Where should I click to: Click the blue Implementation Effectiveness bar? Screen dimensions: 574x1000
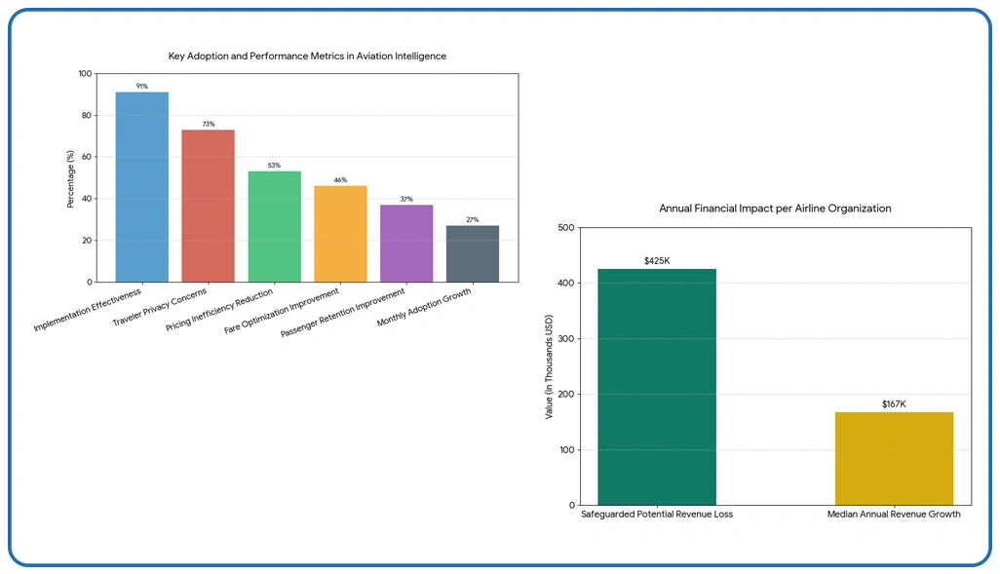pyautogui.click(x=141, y=187)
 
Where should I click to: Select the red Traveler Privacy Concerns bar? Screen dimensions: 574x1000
pyautogui.click(x=208, y=206)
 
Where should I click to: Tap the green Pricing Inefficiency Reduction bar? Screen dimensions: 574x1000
pyautogui.click(x=274, y=226)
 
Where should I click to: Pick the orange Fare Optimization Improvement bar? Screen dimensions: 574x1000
pyautogui.click(x=340, y=234)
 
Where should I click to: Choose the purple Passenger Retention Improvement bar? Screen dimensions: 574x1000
pyautogui.click(x=406, y=244)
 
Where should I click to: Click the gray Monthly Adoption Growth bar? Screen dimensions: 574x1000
pyautogui.click(x=473, y=253)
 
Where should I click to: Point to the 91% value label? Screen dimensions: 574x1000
pyautogui.click(x=142, y=86)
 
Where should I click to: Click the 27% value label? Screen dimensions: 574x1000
pyautogui.click(x=473, y=220)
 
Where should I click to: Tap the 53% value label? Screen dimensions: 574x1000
pyautogui.click(x=275, y=166)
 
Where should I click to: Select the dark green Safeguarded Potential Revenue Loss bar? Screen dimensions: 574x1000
pyautogui.click(x=657, y=387)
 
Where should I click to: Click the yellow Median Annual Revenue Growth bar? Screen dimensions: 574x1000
pyautogui.click(x=894, y=458)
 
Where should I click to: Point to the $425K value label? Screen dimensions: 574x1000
pyautogui.click(x=657, y=261)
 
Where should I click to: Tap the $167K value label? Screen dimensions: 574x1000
pyautogui.click(x=894, y=403)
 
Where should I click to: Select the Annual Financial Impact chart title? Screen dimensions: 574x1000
pyautogui.click(x=775, y=209)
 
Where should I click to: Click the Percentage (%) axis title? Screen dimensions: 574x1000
pyautogui.click(x=70, y=178)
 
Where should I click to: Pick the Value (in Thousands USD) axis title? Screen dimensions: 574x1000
pyautogui.click(x=549, y=366)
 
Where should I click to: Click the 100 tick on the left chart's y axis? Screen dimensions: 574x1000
pyautogui.click(x=85, y=74)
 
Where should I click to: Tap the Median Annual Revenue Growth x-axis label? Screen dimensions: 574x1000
pyautogui.click(x=894, y=514)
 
